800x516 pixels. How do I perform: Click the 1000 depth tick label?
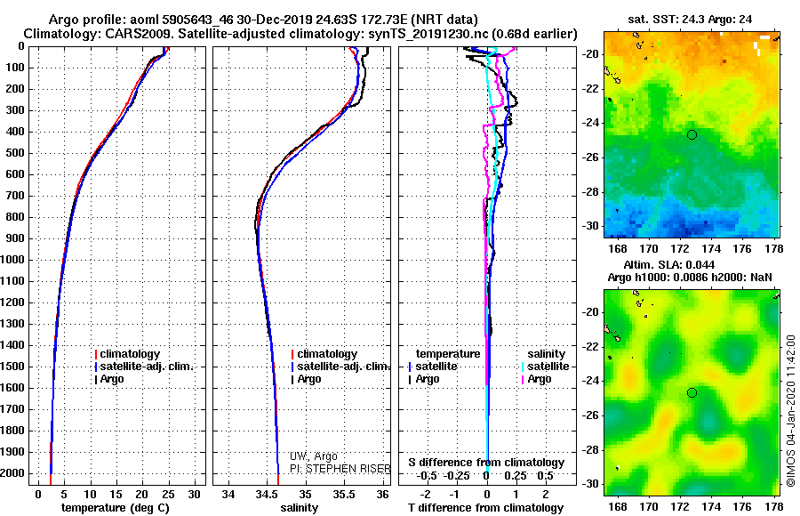tap(14, 260)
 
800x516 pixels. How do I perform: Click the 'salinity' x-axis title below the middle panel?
tap(299, 507)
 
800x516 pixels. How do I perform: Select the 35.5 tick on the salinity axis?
tap(344, 495)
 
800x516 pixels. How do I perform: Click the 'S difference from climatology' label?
tap(486, 463)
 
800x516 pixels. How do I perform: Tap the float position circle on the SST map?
tap(692, 134)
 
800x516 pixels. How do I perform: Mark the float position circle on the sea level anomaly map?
tap(692, 392)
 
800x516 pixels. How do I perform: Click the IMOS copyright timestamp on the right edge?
tap(790, 411)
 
